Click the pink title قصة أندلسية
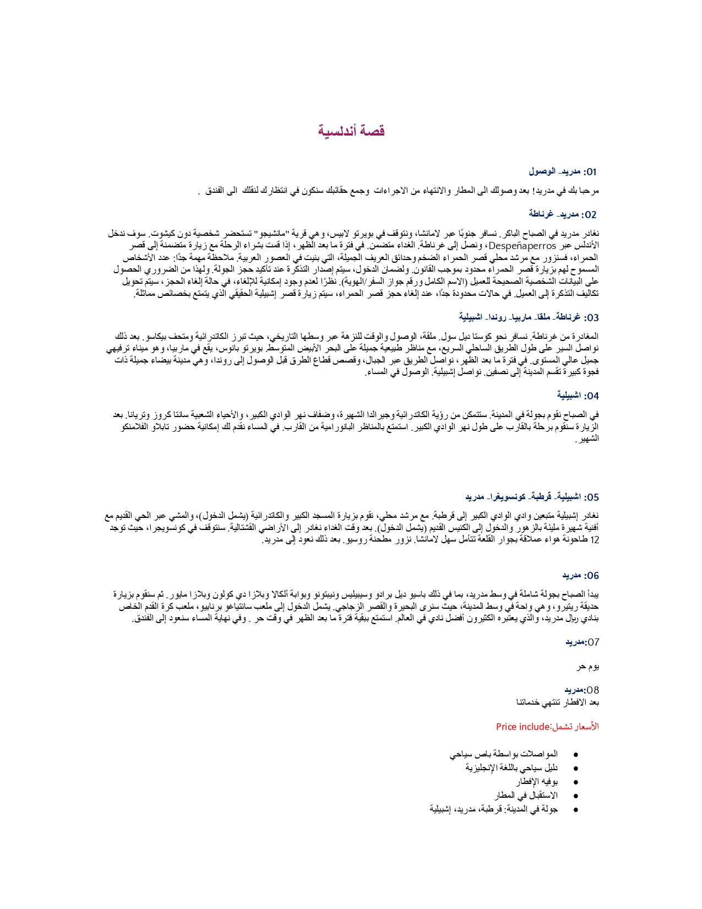tap(351, 131)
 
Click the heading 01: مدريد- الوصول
tap(563, 172)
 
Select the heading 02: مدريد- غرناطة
tap(563, 214)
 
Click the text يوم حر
tap(587, 667)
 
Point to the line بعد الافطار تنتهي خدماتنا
tap(558, 702)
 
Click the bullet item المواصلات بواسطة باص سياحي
tap(504, 754)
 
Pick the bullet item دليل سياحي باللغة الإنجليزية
tap(511, 767)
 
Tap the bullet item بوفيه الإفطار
tap(537, 781)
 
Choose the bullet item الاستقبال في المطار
tap(526, 795)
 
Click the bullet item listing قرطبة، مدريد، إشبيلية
tap(494, 809)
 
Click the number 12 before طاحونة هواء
tap(594, 540)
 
